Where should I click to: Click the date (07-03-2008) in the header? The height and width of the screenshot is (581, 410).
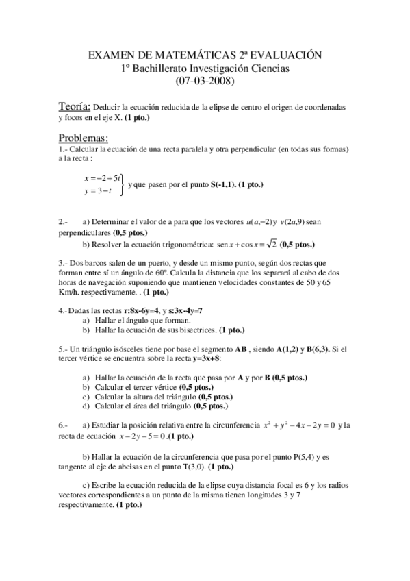point(205,81)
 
